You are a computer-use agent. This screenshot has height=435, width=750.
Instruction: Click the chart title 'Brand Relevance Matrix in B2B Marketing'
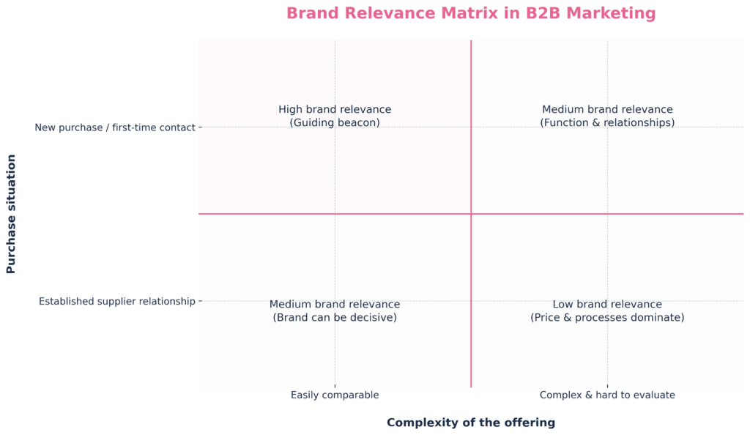pyautogui.click(x=471, y=13)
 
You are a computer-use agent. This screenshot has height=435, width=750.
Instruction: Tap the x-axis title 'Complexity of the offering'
pyautogui.click(x=471, y=423)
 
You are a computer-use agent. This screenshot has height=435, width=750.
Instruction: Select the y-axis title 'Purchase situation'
pyautogui.click(x=11, y=214)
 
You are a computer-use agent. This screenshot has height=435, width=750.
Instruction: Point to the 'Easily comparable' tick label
pyautogui.click(x=335, y=395)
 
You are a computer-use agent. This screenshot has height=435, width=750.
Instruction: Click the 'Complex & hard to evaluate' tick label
pyautogui.click(x=607, y=395)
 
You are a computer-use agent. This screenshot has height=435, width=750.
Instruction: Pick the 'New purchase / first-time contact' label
pyautogui.click(x=115, y=127)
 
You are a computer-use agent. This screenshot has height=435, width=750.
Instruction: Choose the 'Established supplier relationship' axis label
pyautogui.click(x=117, y=301)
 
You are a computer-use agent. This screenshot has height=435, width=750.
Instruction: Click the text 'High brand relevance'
pyautogui.click(x=335, y=109)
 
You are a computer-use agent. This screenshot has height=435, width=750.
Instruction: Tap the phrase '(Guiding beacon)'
pyautogui.click(x=335, y=123)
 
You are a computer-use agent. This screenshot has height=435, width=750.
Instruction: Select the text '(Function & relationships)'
pyautogui.click(x=607, y=123)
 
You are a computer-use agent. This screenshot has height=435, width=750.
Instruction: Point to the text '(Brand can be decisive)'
pyautogui.click(x=335, y=317)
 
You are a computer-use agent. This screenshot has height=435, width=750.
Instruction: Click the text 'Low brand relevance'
pyautogui.click(x=607, y=305)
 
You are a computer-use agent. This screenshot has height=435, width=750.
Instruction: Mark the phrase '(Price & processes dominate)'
pyautogui.click(x=607, y=317)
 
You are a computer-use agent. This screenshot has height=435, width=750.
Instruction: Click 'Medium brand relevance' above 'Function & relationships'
pyautogui.click(x=607, y=109)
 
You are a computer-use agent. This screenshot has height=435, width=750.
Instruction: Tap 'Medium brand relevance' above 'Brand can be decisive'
pyautogui.click(x=335, y=305)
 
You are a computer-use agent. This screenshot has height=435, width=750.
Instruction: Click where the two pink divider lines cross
pyautogui.click(x=471, y=214)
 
